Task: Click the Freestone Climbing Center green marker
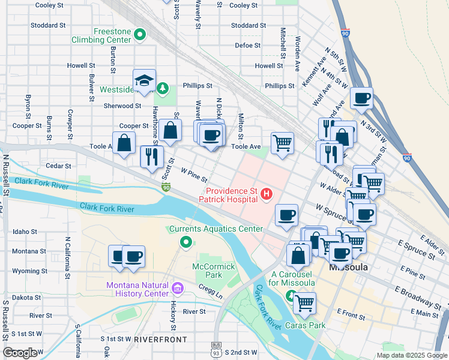click(x=140, y=35)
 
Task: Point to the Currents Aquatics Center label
click(x=216, y=229)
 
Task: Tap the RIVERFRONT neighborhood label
click(x=160, y=340)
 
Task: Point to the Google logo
click(x=20, y=353)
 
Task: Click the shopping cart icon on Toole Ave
click(x=282, y=143)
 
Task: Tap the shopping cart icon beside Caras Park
click(x=305, y=302)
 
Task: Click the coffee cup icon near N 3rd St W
click(x=362, y=98)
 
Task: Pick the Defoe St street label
click(x=248, y=45)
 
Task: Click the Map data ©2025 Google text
click(x=411, y=355)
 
